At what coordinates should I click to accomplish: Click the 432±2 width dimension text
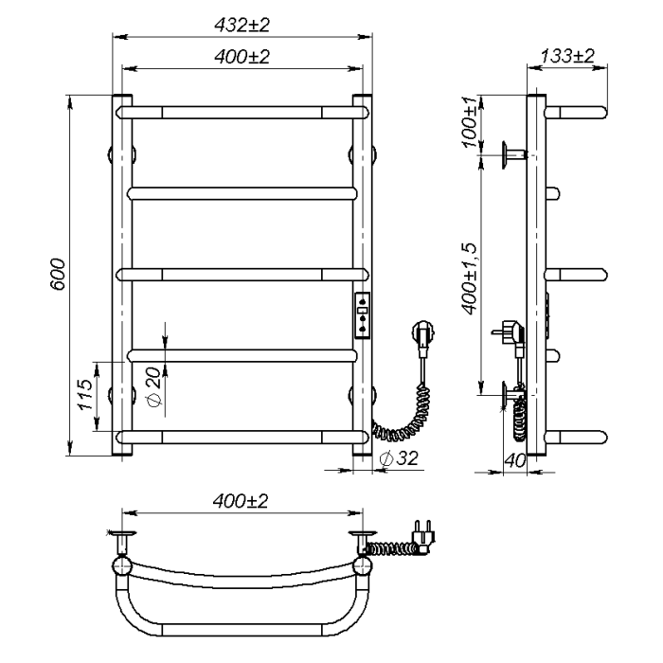(242, 26)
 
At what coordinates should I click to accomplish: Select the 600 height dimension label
(58, 275)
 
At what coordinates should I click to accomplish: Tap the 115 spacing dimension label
(84, 394)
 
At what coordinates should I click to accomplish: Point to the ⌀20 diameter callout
(154, 386)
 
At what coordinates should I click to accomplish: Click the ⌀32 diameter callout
(399, 457)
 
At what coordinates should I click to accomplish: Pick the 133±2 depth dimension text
(567, 56)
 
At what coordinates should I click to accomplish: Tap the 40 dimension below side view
(515, 460)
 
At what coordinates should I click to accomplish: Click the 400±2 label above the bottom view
(241, 501)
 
